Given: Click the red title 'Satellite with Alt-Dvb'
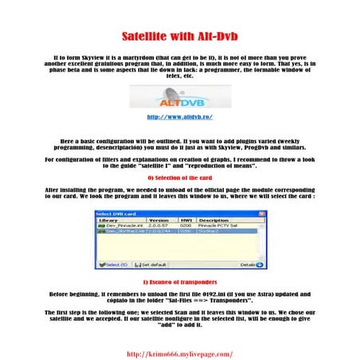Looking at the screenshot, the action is [180, 37].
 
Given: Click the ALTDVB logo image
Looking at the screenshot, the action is [179, 99].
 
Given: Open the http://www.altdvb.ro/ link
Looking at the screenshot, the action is [179, 117].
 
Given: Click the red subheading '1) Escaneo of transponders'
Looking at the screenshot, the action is [179, 283].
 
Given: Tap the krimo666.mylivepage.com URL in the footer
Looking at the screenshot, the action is [180, 354].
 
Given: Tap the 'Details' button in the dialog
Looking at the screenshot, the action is [250, 264].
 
